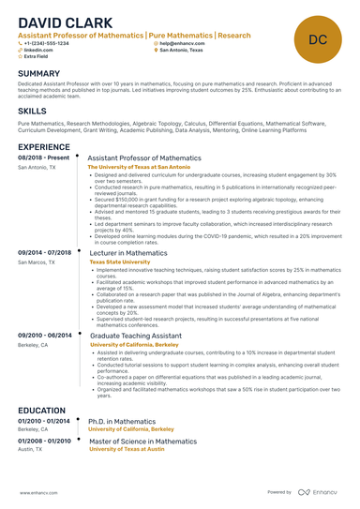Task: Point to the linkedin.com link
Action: click(39, 50)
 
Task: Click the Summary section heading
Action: click(38, 74)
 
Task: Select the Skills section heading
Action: click(32, 111)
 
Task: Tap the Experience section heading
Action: click(43, 147)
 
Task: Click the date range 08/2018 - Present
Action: click(43, 158)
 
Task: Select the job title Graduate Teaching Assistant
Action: click(137, 335)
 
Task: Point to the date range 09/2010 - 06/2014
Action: click(45, 335)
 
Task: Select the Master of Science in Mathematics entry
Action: click(142, 441)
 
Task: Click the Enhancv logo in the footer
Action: click(320, 491)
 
